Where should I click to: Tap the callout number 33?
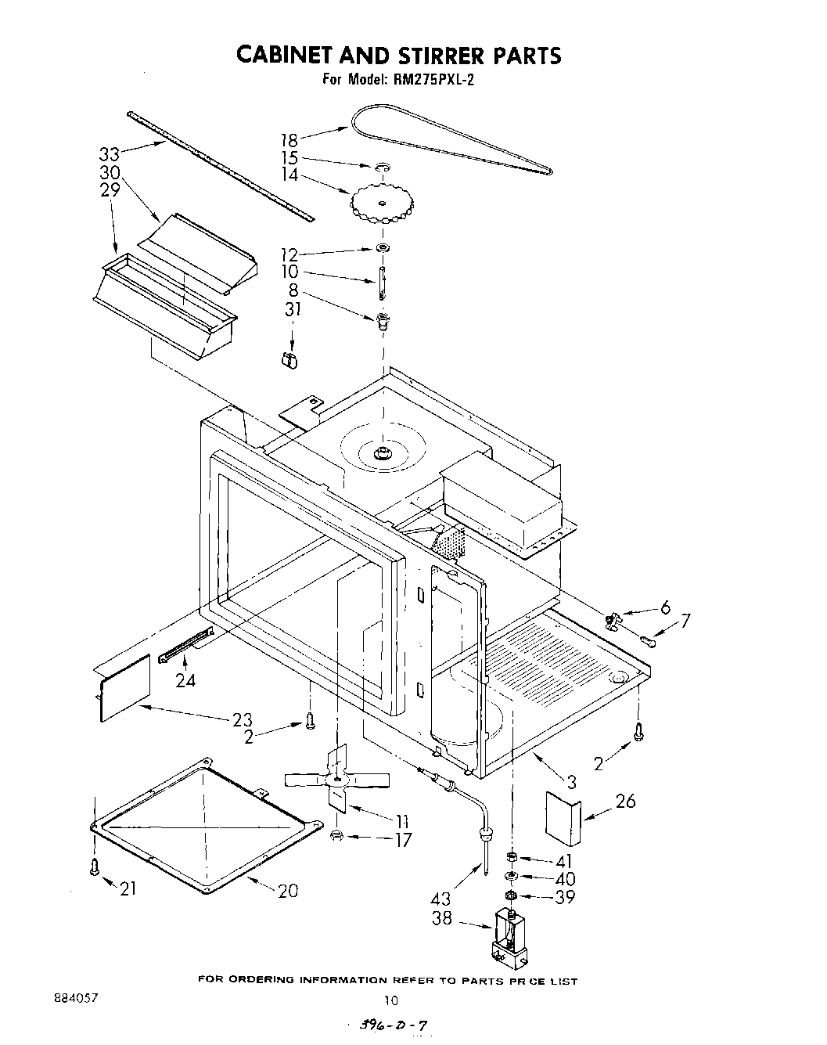pos(110,153)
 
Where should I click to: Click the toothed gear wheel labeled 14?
pos(381,204)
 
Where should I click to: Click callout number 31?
pos(292,309)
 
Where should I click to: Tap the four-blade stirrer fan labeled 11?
pos(337,779)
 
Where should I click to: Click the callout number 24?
pos(185,680)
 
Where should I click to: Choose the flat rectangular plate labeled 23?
pos(124,686)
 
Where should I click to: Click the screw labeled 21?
pos(95,867)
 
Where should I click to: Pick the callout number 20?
pos(287,890)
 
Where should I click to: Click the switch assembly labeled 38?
pos(508,936)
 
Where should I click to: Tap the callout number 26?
pos(625,801)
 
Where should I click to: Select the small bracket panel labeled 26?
pos(563,818)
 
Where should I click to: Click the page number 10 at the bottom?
pos(391,1000)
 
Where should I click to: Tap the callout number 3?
pos(571,780)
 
